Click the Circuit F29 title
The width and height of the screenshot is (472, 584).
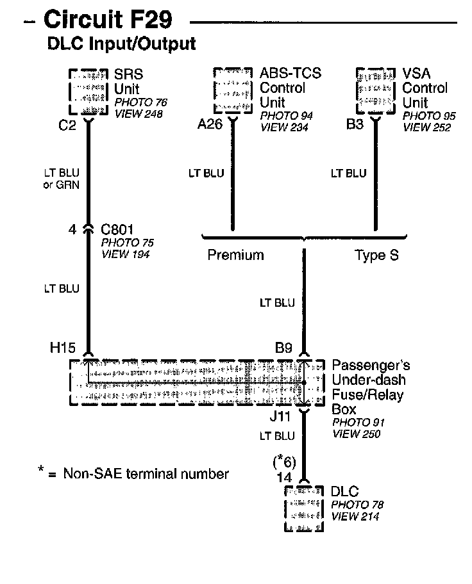(x=107, y=20)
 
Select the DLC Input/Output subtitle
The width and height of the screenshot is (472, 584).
(x=121, y=44)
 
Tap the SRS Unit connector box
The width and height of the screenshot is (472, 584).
(x=88, y=90)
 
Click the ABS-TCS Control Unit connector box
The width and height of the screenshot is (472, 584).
(x=232, y=90)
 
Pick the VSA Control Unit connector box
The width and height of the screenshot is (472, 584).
(x=375, y=90)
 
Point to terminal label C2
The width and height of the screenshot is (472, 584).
(x=67, y=125)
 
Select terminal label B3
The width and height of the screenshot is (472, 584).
(x=355, y=124)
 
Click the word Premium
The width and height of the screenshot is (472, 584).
(x=235, y=255)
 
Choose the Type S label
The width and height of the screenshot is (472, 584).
(x=377, y=255)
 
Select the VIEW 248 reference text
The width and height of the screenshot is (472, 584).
(x=139, y=114)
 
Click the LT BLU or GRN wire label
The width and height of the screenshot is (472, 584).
(x=62, y=179)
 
